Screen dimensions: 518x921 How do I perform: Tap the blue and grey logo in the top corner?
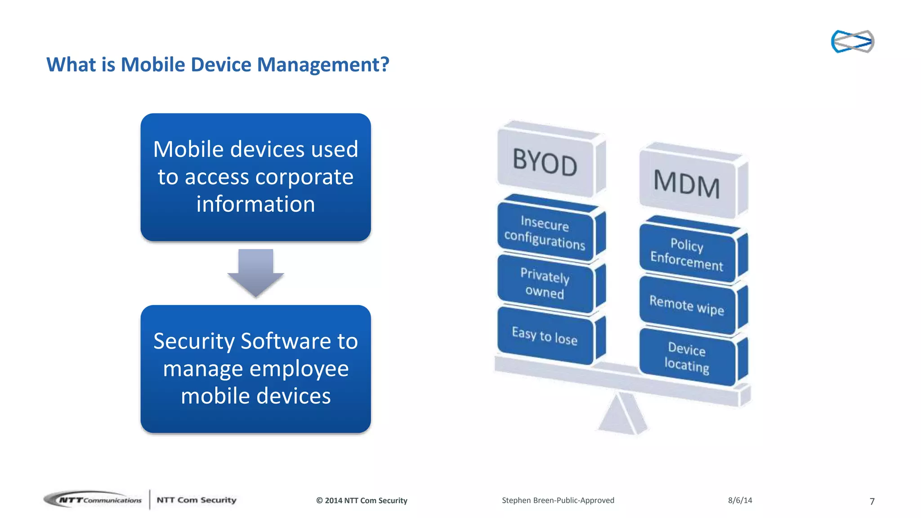pos(852,41)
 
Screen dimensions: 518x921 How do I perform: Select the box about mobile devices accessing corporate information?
pos(255,177)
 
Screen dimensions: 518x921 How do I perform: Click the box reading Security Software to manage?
pos(255,368)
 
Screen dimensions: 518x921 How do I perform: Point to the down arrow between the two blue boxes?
pos(255,272)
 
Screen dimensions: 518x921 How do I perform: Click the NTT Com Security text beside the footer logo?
pos(196,500)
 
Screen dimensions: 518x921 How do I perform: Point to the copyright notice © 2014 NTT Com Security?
pos(362,500)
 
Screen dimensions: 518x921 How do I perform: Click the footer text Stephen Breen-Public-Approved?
pos(558,500)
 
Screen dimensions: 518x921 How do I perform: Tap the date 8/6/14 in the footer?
pos(740,500)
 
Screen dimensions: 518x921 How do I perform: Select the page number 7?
pos(872,501)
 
